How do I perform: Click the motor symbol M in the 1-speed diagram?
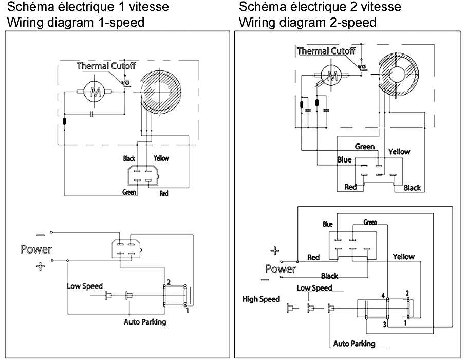tap(95, 92)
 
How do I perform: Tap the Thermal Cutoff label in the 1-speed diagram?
tap(106, 66)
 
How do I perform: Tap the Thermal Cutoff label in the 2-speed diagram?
tap(326, 51)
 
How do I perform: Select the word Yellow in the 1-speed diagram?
tap(161, 158)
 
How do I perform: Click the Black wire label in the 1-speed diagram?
tap(129, 158)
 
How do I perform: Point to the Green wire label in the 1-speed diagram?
tap(129, 192)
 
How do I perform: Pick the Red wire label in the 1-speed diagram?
tap(164, 194)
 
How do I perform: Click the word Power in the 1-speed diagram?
tap(36, 249)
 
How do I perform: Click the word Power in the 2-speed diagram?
tap(281, 269)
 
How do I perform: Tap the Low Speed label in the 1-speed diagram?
tap(85, 286)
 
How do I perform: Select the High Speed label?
tap(261, 299)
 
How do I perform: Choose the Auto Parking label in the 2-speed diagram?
tap(355, 344)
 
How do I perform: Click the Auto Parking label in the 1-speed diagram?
tap(145, 322)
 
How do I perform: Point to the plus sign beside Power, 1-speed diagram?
tap(41, 266)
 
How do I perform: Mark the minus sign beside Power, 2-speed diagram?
tap(265, 280)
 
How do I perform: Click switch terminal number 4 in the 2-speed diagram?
tap(383, 295)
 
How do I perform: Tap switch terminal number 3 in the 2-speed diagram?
tap(384, 324)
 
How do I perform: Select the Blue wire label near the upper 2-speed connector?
tap(344, 160)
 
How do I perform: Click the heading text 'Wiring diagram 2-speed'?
tap(308, 22)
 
